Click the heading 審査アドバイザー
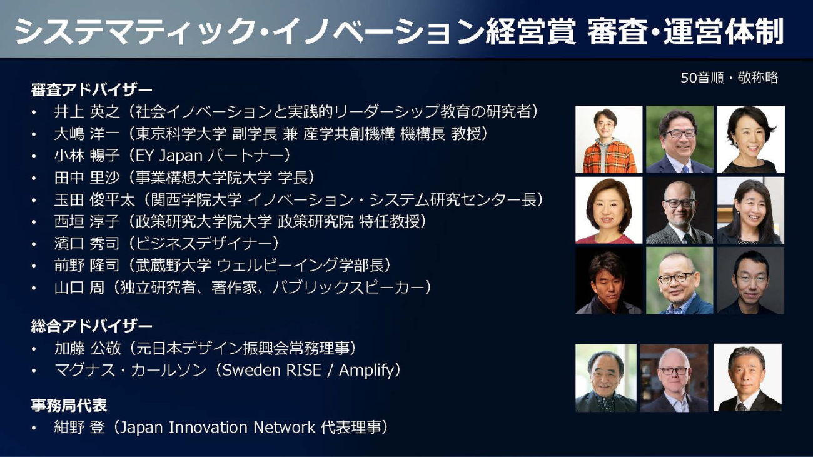pyautogui.click(x=91, y=90)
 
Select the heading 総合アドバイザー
pyautogui.click(x=91, y=326)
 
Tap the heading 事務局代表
pyautogui.click(x=69, y=405)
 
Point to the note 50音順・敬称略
pyautogui.click(x=729, y=78)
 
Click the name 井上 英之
pyautogui.click(x=87, y=112)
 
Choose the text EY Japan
pyautogui.click(x=169, y=156)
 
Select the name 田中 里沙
pyautogui.click(x=87, y=178)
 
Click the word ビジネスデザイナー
pyautogui.click(x=203, y=243)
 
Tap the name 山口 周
pyautogui.click(x=79, y=288)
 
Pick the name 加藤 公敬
pyautogui.click(x=87, y=348)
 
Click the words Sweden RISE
pyautogui.click(x=271, y=370)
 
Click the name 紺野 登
pyautogui.click(x=79, y=427)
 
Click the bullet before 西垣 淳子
pyautogui.click(x=34, y=222)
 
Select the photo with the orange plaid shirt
pyautogui.click(x=608, y=139)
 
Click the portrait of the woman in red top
pyautogui.click(x=608, y=210)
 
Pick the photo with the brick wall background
pyautogui.click(x=674, y=378)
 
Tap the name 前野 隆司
pyautogui.click(x=87, y=266)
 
